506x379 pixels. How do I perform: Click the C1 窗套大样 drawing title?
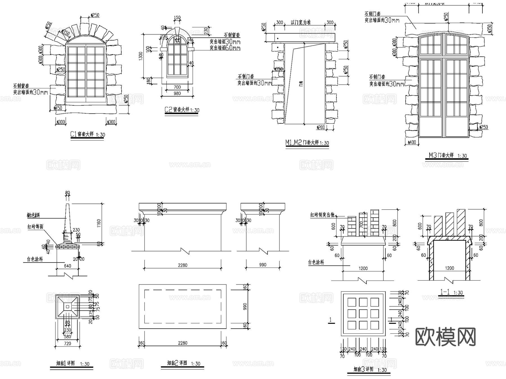click(x=87, y=134)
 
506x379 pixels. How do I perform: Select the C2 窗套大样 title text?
click(x=182, y=110)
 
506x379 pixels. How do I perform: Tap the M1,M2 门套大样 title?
click(x=307, y=143)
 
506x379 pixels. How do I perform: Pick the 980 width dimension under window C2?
click(x=177, y=93)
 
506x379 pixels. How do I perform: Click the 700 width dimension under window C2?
click(x=177, y=87)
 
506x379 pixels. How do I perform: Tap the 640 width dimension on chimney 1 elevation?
click(x=67, y=266)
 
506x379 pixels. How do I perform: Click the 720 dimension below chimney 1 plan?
click(x=67, y=343)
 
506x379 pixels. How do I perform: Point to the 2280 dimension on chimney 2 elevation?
click(x=182, y=265)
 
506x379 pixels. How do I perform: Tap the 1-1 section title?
click(x=451, y=292)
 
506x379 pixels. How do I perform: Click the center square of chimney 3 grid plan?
click(x=363, y=314)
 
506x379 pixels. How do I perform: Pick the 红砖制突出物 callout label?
click(x=322, y=215)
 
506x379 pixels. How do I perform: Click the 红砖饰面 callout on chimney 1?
click(x=35, y=226)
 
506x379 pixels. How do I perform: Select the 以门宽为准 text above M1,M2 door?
click(x=301, y=23)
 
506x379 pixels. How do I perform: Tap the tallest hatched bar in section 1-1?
click(x=461, y=223)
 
